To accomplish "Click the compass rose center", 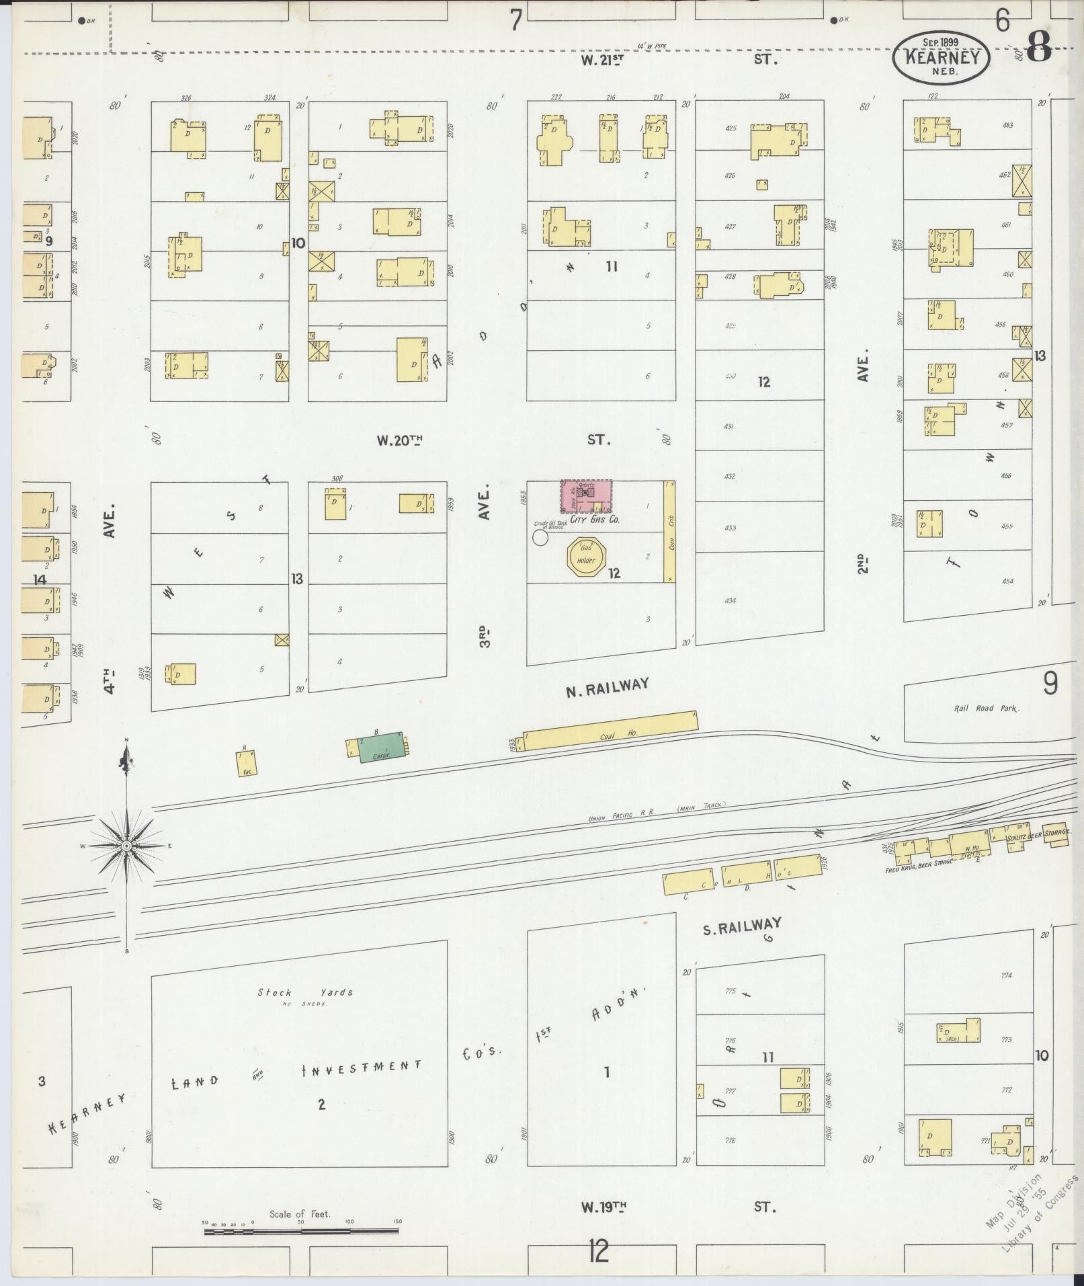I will coord(126,845).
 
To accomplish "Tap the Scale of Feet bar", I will coord(301,1232).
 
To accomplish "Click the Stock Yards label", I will coord(305,992).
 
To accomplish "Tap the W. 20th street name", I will coord(400,441).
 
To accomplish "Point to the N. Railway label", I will coord(607,686).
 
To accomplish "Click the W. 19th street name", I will coord(603,1207).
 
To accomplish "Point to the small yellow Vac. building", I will coord(246,764).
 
